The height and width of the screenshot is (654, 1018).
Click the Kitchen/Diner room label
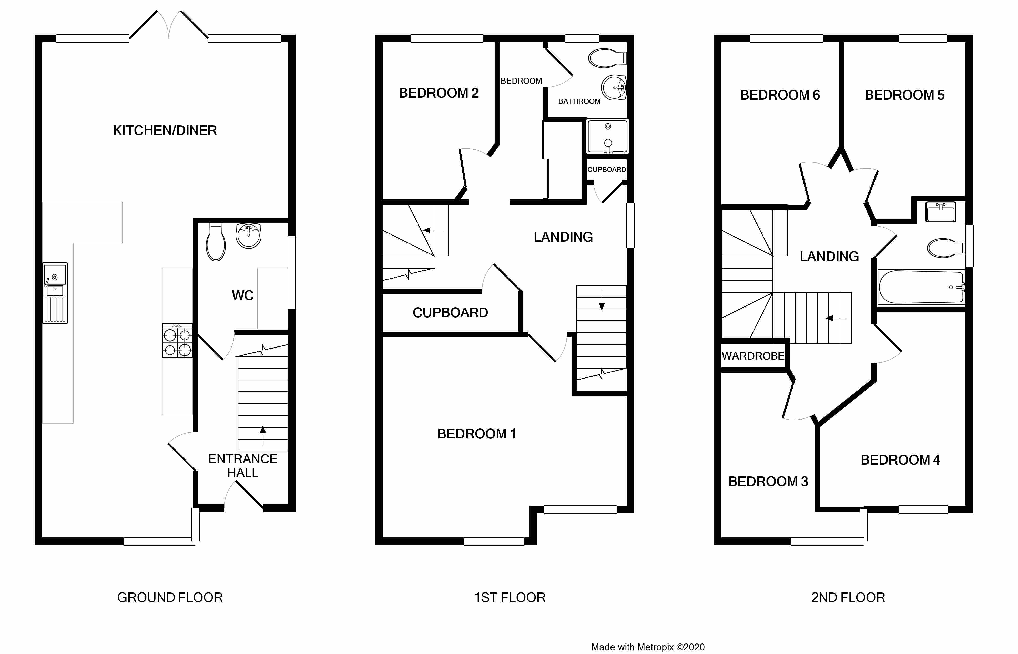pyautogui.click(x=165, y=130)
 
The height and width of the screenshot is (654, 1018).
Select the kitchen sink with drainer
pyautogui.click(x=55, y=293)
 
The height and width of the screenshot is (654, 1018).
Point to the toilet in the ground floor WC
pyautogui.click(x=216, y=242)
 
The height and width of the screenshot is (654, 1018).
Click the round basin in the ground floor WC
pyautogui.click(x=248, y=236)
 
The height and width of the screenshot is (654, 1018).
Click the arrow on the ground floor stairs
pyautogui.click(x=263, y=435)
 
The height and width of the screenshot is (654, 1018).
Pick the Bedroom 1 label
pyautogui.click(x=476, y=434)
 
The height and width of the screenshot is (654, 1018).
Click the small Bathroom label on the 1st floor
pyautogui.click(x=579, y=101)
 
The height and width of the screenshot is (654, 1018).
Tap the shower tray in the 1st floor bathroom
pyautogui.click(x=607, y=136)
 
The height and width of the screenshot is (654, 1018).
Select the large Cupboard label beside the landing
pyautogui.click(x=450, y=313)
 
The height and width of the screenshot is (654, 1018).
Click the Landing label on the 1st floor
pyautogui.click(x=563, y=237)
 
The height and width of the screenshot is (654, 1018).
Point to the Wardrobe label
pyautogui.click(x=753, y=356)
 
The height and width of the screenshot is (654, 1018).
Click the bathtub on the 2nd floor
pyautogui.click(x=921, y=287)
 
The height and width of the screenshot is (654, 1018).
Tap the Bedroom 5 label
pyautogui.click(x=905, y=95)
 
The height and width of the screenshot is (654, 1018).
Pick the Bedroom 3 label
pyautogui.click(x=768, y=482)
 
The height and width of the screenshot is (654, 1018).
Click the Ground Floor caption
pyautogui.click(x=170, y=598)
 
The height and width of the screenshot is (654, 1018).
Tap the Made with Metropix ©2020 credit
pyautogui.click(x=648, y=647)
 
